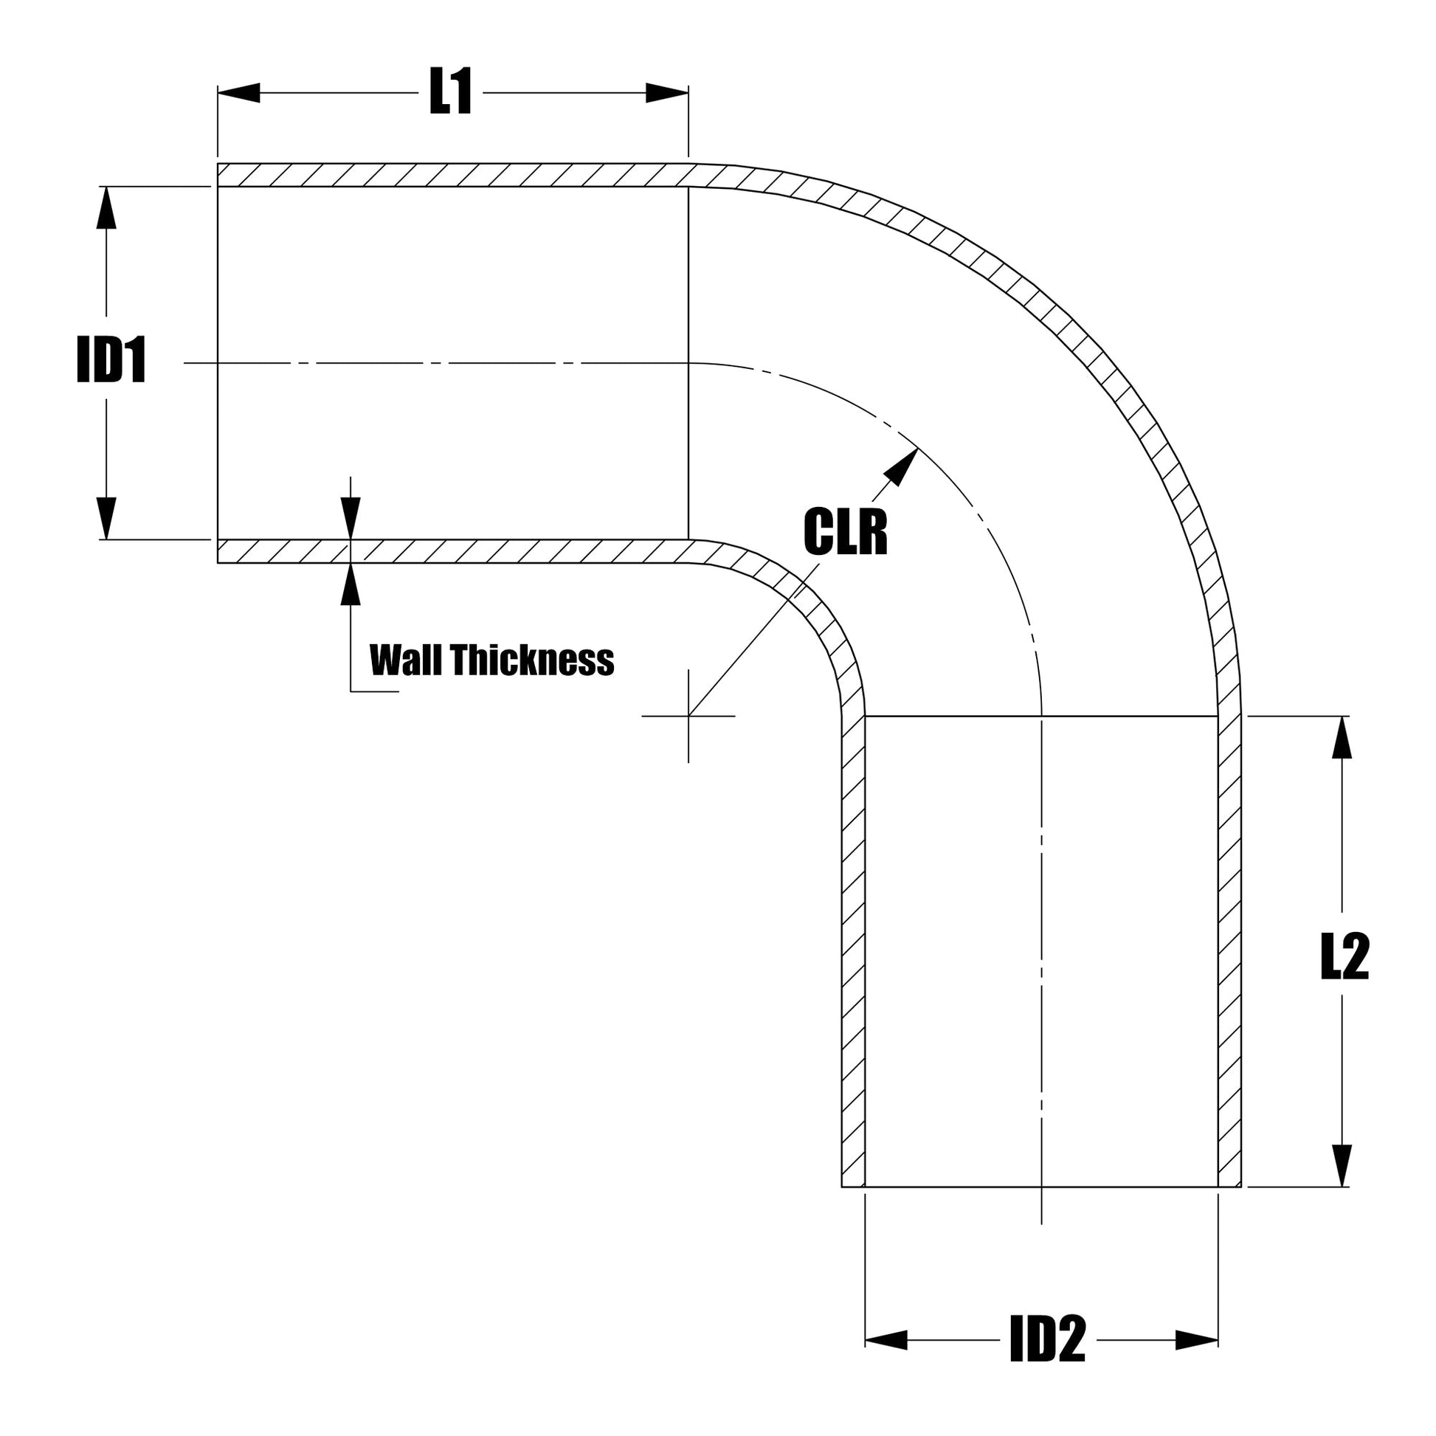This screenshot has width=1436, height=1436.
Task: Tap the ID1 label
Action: pyautogui.click(x=111, y=362)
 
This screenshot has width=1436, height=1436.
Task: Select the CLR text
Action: pyautogui.click(x=845, y=532)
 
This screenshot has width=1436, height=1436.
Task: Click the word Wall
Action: pyautogui.click(x=407, y=660)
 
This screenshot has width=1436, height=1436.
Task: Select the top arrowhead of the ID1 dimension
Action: pyautogui.click(x=107, y=207)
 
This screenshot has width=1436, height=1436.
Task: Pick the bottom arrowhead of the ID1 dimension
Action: pyautogui.click(x=107, y=517)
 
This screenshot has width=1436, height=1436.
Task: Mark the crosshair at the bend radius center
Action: pyautogui.click(x=688, y=716)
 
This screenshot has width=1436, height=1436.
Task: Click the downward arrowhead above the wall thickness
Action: pyautogui.click(x=351, y=518)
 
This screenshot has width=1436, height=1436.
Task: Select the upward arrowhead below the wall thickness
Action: pyautogui.click(x=351, y=585)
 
